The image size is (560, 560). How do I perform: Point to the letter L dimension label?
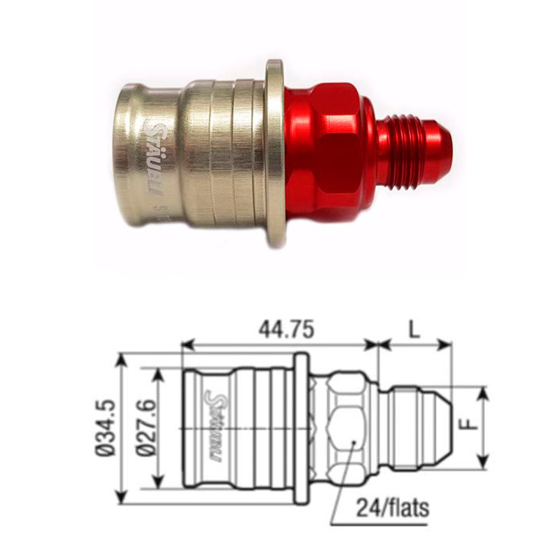415,330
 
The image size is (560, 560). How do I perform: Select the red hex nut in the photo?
322,150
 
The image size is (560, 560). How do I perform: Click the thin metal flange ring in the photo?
275,153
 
